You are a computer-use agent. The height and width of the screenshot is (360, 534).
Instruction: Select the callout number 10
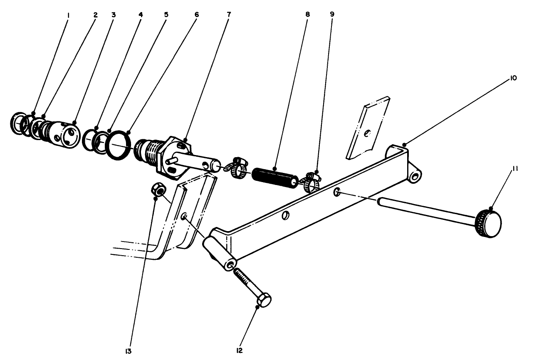(514, 78)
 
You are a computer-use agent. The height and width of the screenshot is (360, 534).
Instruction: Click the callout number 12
(239, 351)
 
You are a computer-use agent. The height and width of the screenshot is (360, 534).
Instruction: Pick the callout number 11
(514, 168)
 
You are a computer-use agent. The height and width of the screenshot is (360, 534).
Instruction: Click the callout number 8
(307, 15)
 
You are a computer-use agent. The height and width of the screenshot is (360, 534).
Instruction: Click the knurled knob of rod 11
(489, 224)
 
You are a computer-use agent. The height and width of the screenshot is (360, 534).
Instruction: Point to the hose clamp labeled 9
(312, 181)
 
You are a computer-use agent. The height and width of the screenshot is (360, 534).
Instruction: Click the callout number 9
(332, 15)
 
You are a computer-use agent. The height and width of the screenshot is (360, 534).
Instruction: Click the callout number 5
(166, 15)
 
